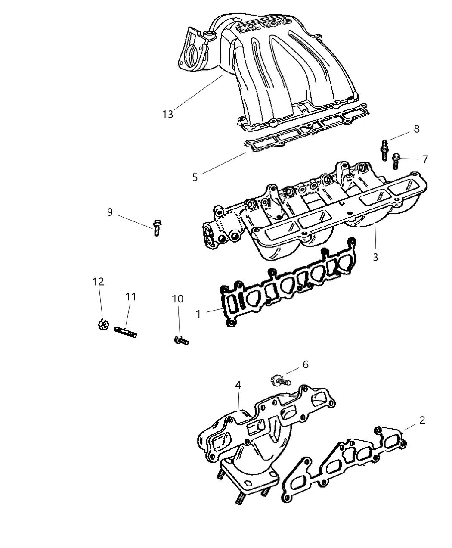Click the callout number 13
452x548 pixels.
pos(167,114)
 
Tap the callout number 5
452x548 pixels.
pos(195,177)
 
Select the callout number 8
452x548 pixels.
pos(416,128)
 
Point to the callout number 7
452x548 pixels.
pos(425,159)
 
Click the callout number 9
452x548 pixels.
pos(110,212)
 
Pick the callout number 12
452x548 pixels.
pos(98,281)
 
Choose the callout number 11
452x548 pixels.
pos(131,296)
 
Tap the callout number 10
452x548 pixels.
pos(177,299)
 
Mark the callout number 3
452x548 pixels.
pos(375,257)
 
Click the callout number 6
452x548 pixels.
pos(305,364)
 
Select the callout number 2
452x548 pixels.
pos(422,420)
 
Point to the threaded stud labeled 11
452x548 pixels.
pos(125,332)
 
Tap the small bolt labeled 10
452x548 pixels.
pos(181,341)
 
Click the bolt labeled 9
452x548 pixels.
pos(157,227)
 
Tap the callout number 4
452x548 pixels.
pos(238,385)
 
